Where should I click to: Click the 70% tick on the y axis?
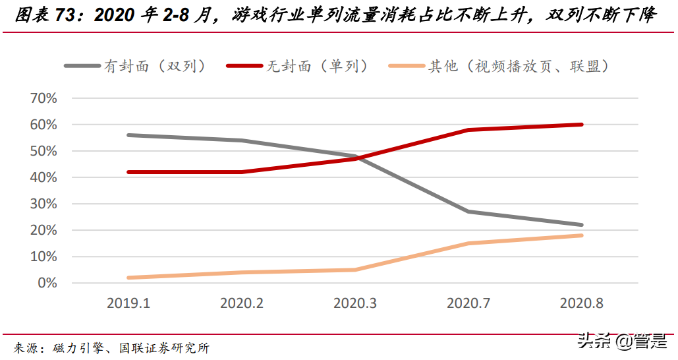click(44, 98)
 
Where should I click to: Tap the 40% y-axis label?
click(44, 177)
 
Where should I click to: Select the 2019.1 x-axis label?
click(128, 303)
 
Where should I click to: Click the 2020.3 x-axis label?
click(355, 303)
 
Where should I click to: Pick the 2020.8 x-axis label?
click(581, 303)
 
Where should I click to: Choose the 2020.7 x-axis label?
click(468, 303)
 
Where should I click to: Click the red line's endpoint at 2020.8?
click(581, 125)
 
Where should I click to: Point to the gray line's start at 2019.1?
click(128, 135)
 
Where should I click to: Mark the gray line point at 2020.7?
click(468, 212)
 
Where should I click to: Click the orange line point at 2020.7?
click(468, 243)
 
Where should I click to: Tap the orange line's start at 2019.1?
click(128, 278)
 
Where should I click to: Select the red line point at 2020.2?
click(242, 172)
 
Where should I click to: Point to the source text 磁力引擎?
click(76, 347)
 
